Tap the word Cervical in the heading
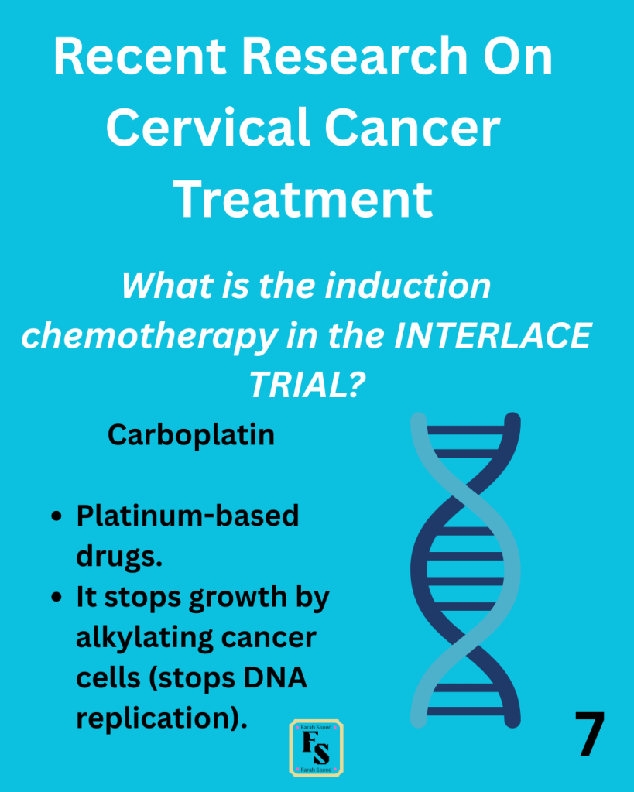pos(207,127)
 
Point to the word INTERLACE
pos(492,335)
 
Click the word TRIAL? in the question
pos(307,384)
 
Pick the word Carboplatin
pos(191,435)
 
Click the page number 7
pos(590,734)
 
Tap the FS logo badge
pos(317,748)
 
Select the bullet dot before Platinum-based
pos(57,516)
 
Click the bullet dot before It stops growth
pos(57,597)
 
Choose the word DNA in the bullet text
pos(276,678)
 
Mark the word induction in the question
pos(408,286)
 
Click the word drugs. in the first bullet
pos(119,557)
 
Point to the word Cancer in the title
pos(413,127)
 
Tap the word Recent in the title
pos(140,57)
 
